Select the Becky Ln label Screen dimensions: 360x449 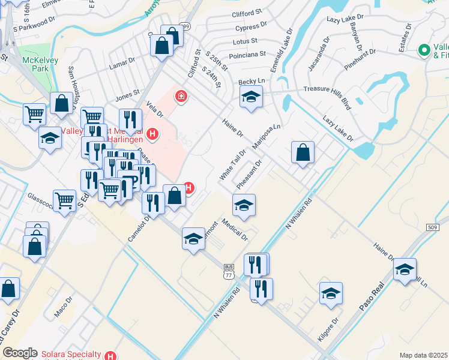pyautogui.click(x=252, y=81)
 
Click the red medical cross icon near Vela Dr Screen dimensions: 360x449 pyautogui.click(x=181, y=96)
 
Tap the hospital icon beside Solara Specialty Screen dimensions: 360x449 pyautogui.click(x=109, y=355)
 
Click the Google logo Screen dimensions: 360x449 pyautogui.click(x=20, y=353)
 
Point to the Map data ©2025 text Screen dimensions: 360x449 pyautogui.click(x=423, y=355)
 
